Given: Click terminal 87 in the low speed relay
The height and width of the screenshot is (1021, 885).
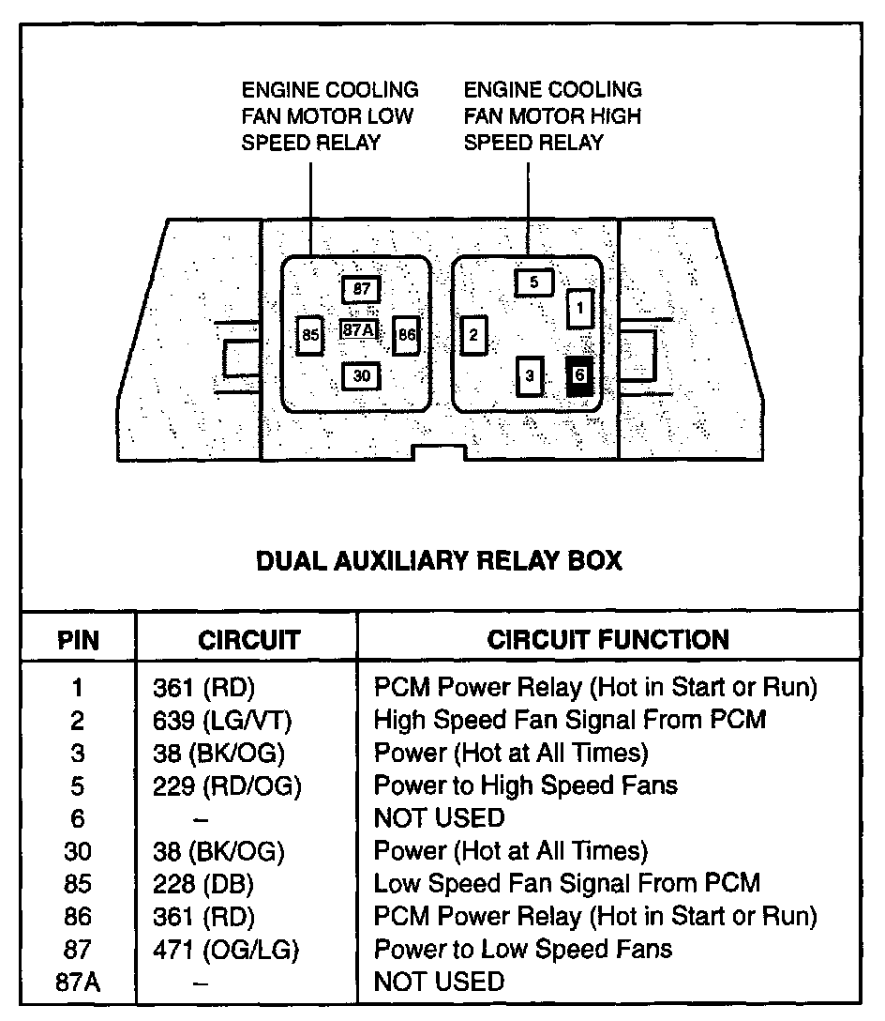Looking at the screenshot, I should pos(361,288).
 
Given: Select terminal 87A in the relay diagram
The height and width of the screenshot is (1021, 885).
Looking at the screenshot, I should pos(359,330).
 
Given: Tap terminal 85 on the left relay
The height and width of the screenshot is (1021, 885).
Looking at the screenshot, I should pos(309,335).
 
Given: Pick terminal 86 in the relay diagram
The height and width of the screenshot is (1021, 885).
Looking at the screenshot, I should pos(406,334).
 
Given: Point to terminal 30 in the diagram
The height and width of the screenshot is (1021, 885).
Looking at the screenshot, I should pos(362,376).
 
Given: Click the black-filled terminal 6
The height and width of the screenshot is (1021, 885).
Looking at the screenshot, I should pos(579,375).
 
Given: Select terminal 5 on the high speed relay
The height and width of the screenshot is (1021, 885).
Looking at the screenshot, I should pos(533,282).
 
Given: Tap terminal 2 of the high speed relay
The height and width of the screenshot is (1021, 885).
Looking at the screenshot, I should pos(474,335).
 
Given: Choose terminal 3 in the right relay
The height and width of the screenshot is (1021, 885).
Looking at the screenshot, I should pos(531,376).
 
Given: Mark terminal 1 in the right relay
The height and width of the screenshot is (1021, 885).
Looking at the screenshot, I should pos(580,307).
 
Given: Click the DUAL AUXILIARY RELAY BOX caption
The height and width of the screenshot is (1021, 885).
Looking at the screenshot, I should pos(439,561).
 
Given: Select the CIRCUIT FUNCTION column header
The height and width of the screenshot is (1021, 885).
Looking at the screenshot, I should pos(607,640).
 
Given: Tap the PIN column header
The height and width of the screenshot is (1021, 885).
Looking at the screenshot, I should pos(78,641).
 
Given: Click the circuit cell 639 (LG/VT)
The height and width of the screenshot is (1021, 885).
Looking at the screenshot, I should pos(222,720).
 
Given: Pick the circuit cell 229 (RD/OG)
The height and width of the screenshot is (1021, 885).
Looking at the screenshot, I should pos(226,785).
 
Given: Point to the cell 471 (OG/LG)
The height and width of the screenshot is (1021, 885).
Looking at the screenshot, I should pos(225,949).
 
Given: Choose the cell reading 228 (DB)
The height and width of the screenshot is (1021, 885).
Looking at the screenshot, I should pos(202,883).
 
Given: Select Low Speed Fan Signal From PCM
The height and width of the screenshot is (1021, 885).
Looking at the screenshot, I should pos(566,883).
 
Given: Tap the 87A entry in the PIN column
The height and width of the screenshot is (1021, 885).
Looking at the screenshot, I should pos(78,982).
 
